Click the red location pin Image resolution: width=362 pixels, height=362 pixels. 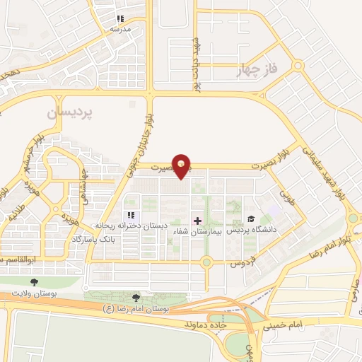tap(183, 165)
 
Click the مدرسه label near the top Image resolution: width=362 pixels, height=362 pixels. tap(120, 30)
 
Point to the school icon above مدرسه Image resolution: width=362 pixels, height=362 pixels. tap(120, 18)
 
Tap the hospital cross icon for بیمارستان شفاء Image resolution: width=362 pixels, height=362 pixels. tap(197, 221)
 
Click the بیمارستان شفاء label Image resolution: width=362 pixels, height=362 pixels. tap(197, 232)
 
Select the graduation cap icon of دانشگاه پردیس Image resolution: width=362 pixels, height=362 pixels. tap(250, 218)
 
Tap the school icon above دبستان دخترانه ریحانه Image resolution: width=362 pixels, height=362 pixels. tap(130, 215)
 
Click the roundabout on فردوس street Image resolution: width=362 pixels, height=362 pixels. tap(206, 263)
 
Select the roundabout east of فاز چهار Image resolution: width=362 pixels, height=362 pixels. tap(299, 66)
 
